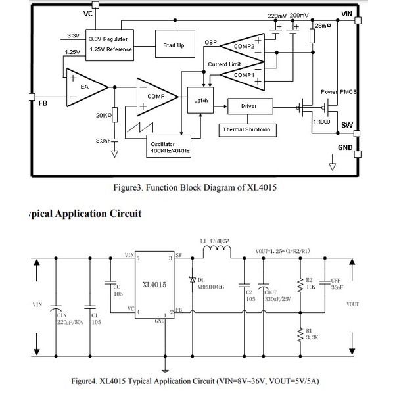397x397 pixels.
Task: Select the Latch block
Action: pos(200,100)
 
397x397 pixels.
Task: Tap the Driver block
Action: pos(248,105)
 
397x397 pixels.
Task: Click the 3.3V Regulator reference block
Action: pos(110,44)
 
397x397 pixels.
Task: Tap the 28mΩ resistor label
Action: pos(322,26)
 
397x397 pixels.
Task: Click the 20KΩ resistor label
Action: pos(103,115)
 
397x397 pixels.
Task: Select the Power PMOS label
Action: pos(339,91)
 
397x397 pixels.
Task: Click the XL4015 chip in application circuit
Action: pos(154,285)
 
